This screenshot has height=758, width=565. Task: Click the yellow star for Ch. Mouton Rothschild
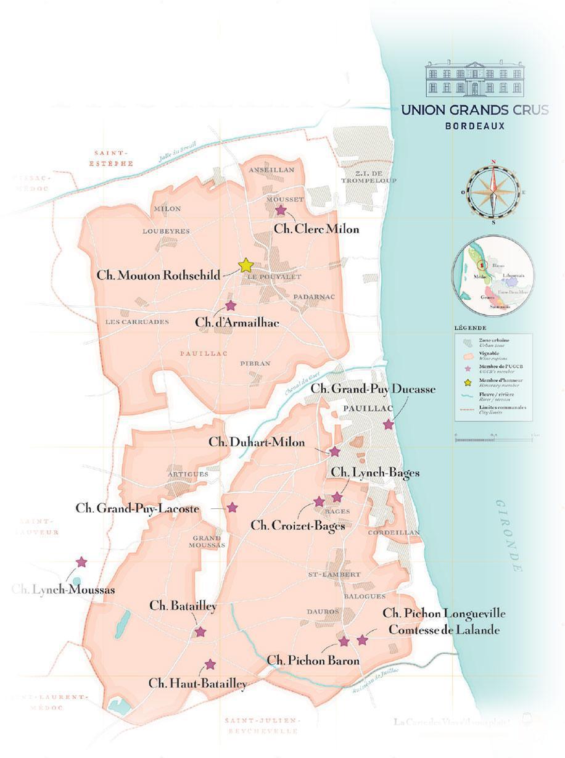[245, 265]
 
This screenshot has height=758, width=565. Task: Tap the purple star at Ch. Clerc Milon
[281, 210]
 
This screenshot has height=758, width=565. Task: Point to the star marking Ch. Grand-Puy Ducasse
[388, 424]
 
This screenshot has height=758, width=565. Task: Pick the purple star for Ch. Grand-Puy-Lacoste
[232, 507]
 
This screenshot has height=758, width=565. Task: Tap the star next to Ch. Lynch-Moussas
[81, 562]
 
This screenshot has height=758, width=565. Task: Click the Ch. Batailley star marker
[200, 632]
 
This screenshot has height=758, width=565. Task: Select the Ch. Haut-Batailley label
[197, 683]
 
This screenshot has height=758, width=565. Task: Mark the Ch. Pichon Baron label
[313, 661]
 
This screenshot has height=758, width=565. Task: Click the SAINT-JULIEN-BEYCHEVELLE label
[262, 725]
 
